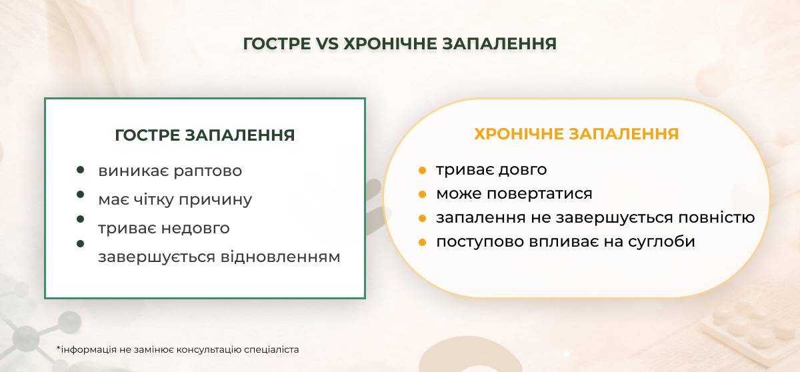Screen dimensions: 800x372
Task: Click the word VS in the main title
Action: tap(327, 44)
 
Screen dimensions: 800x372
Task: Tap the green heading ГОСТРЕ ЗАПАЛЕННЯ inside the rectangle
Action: tap(205, 135)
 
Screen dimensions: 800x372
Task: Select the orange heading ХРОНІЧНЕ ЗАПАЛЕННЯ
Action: tap(577, 134)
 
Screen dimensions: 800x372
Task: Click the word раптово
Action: tap(208, 171)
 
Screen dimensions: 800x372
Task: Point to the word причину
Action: tap(215, 200)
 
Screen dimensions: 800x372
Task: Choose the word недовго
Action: tap(195, 229)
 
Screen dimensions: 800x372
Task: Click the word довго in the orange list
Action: tap(523, 170)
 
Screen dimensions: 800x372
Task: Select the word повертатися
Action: tap(539, 194)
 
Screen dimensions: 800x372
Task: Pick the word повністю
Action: tap(717, 217)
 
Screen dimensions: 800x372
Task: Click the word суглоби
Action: tap(661, 242)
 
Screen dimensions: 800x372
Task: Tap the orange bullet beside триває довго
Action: tap(422, 170)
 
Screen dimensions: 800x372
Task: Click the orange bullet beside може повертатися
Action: tap(422, 195)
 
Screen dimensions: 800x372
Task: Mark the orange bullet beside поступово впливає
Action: tap(422, 243)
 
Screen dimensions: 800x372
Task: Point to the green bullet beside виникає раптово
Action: tap(81, 170)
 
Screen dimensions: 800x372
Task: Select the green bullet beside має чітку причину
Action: tap(81, 195)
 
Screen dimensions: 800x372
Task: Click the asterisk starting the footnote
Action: tap(59, 348)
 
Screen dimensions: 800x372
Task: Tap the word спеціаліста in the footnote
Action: tap(271, 350)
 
